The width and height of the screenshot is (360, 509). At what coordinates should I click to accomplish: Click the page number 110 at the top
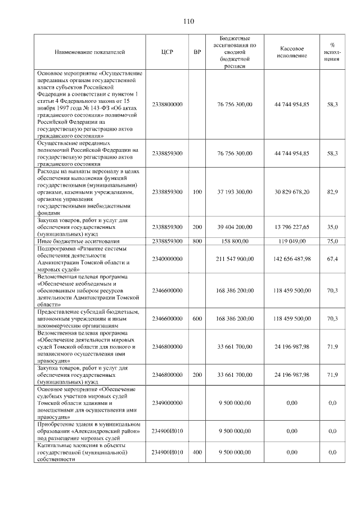(188, 21)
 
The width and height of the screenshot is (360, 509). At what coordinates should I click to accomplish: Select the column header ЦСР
(167, 52)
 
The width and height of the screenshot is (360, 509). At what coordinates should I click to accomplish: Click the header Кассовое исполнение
(292, 52)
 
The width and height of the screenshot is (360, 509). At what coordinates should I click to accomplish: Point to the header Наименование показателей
(89, 52)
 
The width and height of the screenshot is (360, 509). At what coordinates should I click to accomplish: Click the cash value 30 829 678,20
(292, 192)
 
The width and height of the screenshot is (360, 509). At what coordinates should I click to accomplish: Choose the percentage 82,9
(332, 192)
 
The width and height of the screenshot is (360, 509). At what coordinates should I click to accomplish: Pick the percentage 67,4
(332, 259)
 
